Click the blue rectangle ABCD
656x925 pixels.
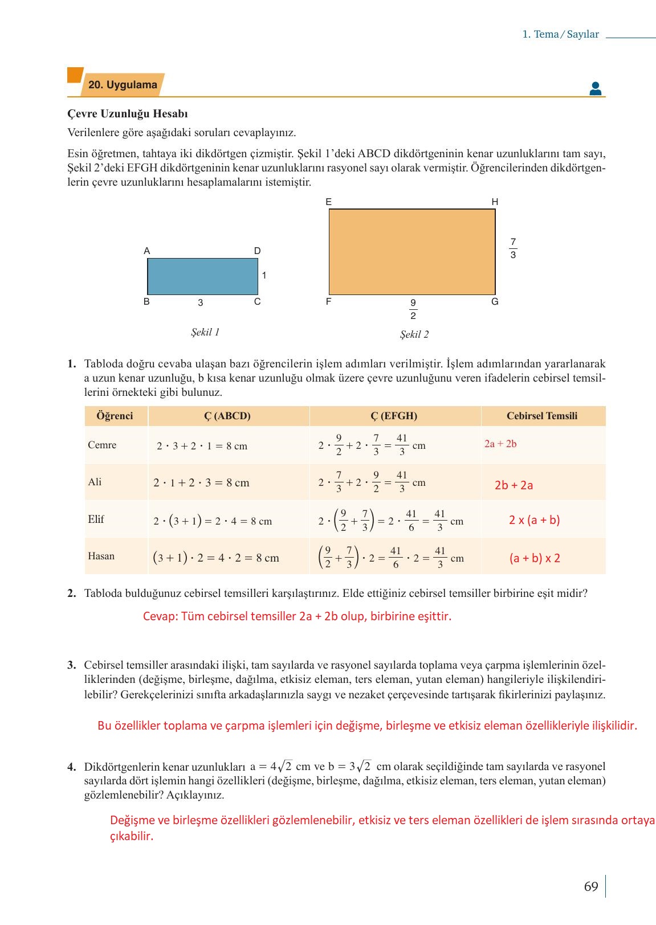pos(202,276)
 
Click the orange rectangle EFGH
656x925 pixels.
pos(411,251)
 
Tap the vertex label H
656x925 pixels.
pos(495,202)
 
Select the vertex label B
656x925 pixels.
pos(146,301)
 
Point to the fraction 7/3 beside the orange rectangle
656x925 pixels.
pos(513,248)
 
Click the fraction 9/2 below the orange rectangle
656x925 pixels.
pos(413,309)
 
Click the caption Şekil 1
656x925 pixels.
pos(205,332)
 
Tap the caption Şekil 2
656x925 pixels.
pos(414,334)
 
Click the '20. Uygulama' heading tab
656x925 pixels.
pos(123,85)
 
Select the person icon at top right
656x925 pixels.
pos(595,88)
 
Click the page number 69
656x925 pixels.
pos(591,886)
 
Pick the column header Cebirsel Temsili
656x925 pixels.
pos(541,416)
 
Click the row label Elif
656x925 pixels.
pos(96,519)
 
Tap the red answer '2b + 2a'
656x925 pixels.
pos(514,485)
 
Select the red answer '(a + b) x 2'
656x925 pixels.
pos(535,558)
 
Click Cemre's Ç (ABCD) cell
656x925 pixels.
pos(202,446)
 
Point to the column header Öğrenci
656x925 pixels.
pos(115,416)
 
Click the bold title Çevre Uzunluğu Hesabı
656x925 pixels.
pos(128,114)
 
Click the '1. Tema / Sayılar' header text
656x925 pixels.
pos(560,34)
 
